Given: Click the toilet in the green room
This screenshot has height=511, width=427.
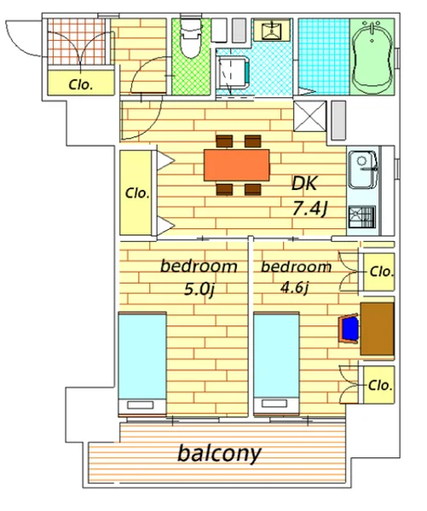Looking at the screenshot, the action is (x=191, y=37).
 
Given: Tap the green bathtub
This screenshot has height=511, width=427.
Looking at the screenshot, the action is (x=372, y=56).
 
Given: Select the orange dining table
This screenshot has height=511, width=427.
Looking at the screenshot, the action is (x=236, y=165).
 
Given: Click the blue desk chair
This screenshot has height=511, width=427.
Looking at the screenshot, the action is (x=349, y=329).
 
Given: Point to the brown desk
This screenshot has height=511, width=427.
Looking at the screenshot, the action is (x=377, y=329).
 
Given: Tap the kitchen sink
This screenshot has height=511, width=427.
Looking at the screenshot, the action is (x=363, y=169).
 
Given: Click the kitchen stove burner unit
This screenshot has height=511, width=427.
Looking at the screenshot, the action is (x=361, y=216).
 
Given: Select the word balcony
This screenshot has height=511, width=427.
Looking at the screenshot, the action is (x=219, y=454).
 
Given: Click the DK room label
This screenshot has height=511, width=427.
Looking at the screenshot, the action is (x=304, y=183).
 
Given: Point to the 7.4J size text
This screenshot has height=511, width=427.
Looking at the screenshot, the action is (x=310, y=209).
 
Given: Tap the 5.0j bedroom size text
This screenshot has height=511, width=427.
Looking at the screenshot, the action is (x=199, y=289).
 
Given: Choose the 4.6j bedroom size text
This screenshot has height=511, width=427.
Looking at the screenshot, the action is (x=295, y=288).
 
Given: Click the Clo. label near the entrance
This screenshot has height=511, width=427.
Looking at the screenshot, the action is (x=81, y=85).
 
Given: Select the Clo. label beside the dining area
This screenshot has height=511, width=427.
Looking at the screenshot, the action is (x=137, y=193).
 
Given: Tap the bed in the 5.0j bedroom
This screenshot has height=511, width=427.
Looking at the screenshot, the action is (x=142, y=364).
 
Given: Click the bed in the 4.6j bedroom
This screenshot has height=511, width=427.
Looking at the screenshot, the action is (x=277, y=364).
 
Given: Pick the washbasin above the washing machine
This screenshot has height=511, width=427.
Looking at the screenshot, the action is (x=271, y=31).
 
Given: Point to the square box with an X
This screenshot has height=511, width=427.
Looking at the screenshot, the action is (x=310, y=117).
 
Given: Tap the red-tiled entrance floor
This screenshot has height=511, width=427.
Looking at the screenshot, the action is (x=77, y=42).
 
